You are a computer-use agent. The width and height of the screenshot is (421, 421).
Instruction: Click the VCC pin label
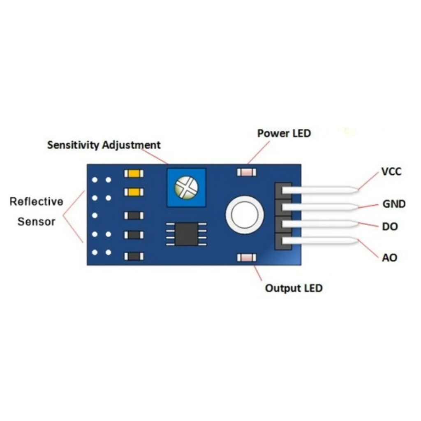click(x=391, y=171)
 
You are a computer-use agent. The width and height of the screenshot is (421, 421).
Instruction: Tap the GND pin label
click(x=394, y=204)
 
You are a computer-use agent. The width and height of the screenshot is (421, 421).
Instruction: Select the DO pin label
click(x=390, y=227)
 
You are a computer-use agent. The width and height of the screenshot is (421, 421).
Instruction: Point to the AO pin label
click(x=389, y=258)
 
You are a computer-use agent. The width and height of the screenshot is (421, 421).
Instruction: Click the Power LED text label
click(x=284, y=133)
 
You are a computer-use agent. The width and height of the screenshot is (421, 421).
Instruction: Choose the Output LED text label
click(x=294, y=288)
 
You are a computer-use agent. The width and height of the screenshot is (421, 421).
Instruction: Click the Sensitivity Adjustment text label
click(x=104, y=145)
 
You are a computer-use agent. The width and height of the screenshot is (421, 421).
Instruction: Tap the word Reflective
click(x=37, y=201)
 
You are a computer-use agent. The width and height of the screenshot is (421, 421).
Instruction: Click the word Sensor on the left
click(x=37, y=222)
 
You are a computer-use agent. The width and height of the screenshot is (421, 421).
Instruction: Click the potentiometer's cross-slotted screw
click(x=186, y=187)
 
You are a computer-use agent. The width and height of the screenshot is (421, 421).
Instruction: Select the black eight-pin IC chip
click(x=186, y=234)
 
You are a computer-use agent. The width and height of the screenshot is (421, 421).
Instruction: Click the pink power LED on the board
click(x=247, y=172)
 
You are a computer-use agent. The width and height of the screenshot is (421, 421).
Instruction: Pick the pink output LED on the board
click(x=247, y=257)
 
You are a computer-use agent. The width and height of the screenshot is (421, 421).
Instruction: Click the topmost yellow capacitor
click(x=134, y=173)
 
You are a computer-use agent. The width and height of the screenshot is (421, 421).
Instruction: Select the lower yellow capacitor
click(x=134, y=192)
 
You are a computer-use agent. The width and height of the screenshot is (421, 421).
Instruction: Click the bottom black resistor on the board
click(x=134, y=257)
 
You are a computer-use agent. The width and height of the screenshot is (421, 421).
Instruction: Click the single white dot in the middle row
click(x=95, y=215)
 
